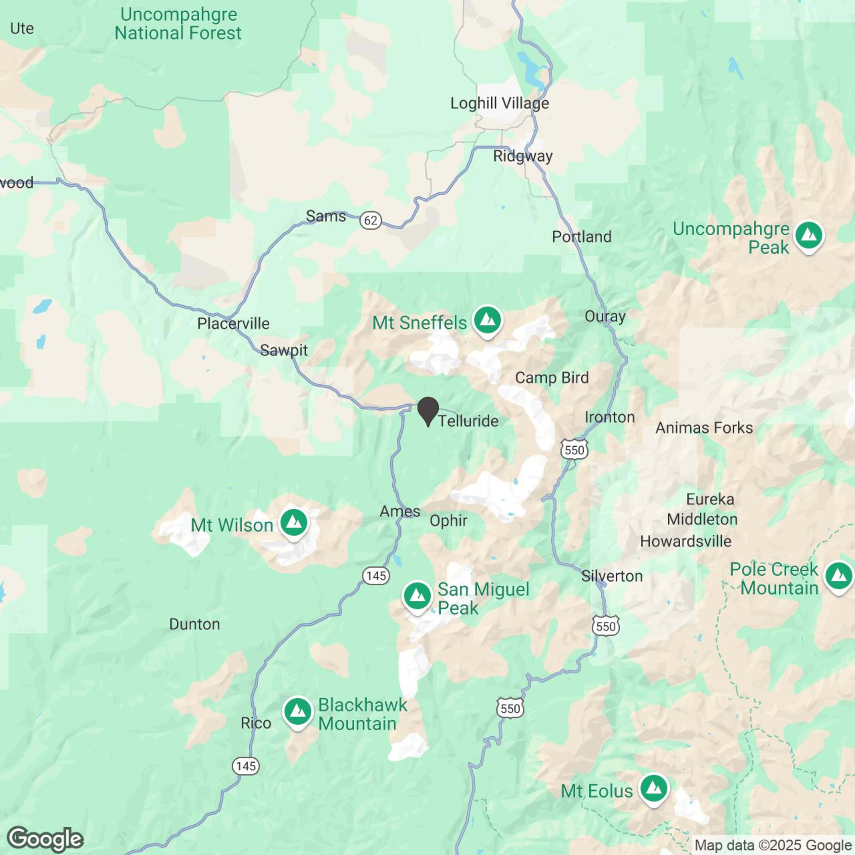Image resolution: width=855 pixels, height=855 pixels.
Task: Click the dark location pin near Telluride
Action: click(x=428, y=409)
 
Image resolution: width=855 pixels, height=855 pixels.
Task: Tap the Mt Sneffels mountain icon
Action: click(x=487, y=320)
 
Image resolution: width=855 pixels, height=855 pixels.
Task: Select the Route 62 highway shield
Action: click(x=370, y=220)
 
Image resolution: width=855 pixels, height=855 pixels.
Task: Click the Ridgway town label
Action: click(x=523, y=156)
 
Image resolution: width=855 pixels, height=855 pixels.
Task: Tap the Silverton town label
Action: click(x=612, y=576)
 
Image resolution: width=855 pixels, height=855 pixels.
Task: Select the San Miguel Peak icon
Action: click(x=417, y=596)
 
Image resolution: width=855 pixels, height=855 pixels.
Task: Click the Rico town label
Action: click(x=256, y=723)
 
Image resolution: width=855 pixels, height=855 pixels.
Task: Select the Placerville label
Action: click(x=233, y=323)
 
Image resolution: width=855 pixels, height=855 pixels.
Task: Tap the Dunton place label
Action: click(x=194, y=624)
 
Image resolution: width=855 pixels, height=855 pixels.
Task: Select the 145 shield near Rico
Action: click(x=246, y=766)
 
